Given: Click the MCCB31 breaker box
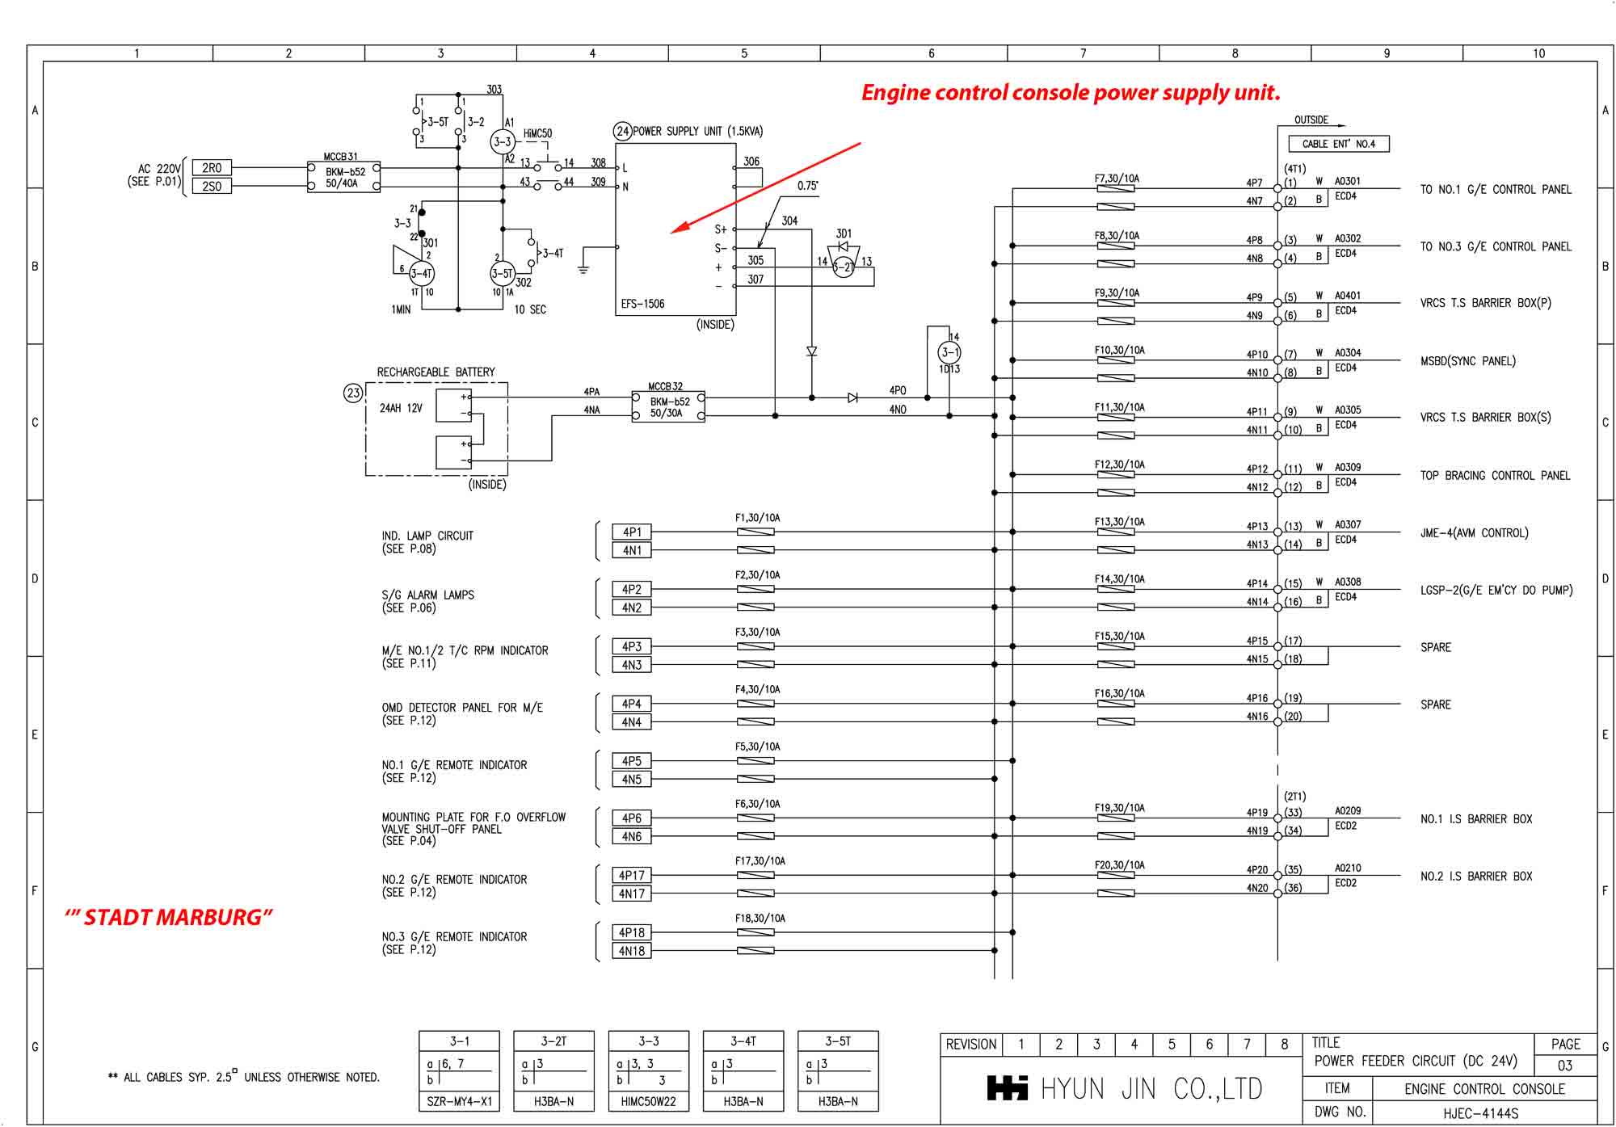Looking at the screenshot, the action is pos(344,177).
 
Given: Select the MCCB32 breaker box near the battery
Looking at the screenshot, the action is pos(667,407).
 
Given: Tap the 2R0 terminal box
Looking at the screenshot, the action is pos(212,168).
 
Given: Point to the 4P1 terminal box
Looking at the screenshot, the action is pos(632,532).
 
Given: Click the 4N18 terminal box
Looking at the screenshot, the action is pos(632,951).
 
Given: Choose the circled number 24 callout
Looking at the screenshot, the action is pos(622,131).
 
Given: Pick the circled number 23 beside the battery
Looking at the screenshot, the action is pos(353,393).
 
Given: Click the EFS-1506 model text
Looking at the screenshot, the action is pos(642,304).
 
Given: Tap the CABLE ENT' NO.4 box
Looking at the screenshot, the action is pos(1339,144).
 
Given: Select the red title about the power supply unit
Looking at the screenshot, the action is pos(1071,93).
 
